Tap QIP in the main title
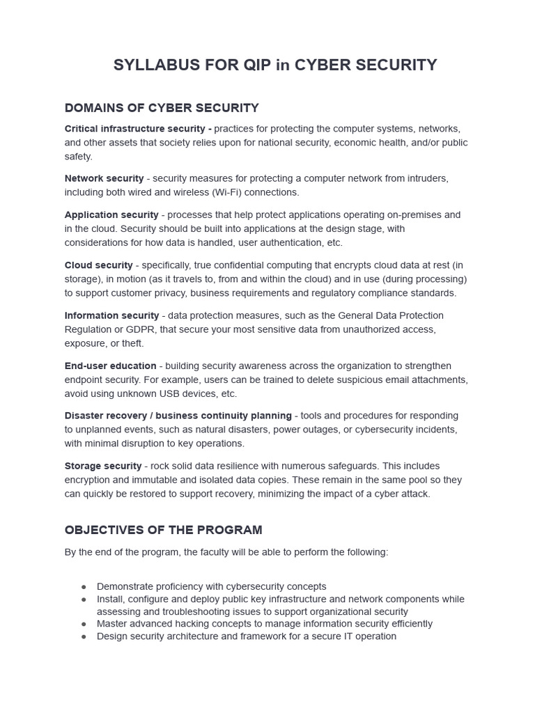(257, 65)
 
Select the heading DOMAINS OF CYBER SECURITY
(162, 108)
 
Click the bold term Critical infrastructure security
(138, 129)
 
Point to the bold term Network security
(104, 178)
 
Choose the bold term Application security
(111, 214)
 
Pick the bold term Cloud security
(98, 265)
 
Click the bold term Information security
(111, 315)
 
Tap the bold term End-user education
(110, 366)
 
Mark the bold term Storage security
(103, 466)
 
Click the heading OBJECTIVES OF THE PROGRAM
(163, 530)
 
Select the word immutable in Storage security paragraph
(162, 480)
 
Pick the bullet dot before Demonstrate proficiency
(84, 587)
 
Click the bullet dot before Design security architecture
(84, 636)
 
